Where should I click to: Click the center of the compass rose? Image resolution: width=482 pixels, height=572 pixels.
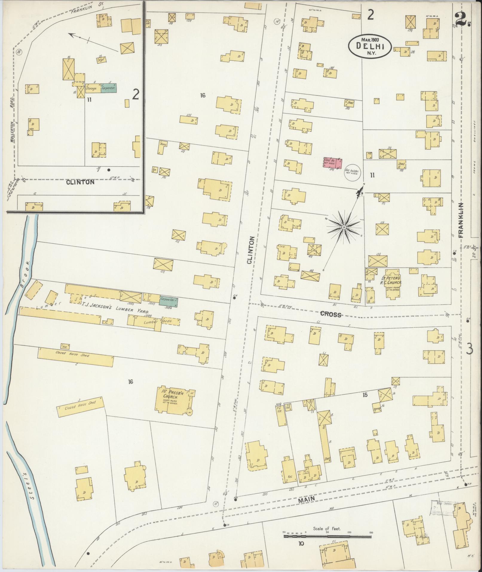[x=344, y=228]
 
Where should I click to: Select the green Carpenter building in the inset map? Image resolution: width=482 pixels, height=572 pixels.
[x=108, y=88]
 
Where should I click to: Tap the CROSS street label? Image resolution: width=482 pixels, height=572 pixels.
[x=330, y=314]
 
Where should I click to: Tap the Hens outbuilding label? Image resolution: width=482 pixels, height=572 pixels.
[x=163, y=144]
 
